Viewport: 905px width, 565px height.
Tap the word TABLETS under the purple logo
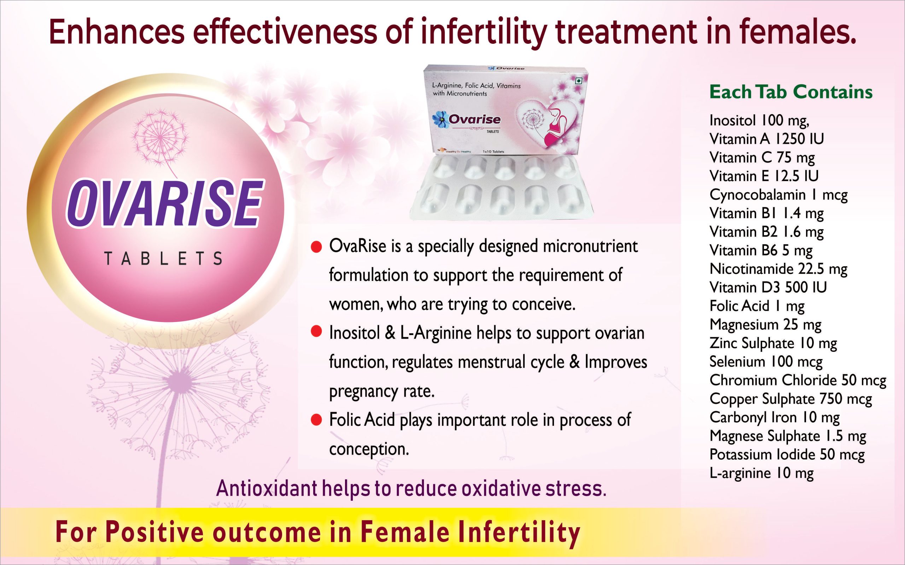point(163,258)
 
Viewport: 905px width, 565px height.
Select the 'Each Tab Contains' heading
point(791,92)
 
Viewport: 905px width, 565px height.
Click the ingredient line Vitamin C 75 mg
point(762,158)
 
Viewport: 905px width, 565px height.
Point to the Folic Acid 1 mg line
point(757,306)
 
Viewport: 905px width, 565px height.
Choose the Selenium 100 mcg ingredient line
point(766,362)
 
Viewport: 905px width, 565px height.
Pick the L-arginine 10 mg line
point(761,473)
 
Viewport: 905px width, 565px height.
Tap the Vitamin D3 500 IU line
point(768,287)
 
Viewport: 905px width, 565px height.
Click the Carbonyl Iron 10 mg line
point(775,417)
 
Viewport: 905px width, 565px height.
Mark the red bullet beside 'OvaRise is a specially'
point(316,247)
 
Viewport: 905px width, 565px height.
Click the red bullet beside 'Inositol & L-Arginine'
point(316,332)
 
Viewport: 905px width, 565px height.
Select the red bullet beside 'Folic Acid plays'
point(316,420)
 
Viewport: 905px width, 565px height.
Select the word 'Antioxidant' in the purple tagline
point(267,488)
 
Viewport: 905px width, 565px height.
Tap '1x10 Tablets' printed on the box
point(493,152)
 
